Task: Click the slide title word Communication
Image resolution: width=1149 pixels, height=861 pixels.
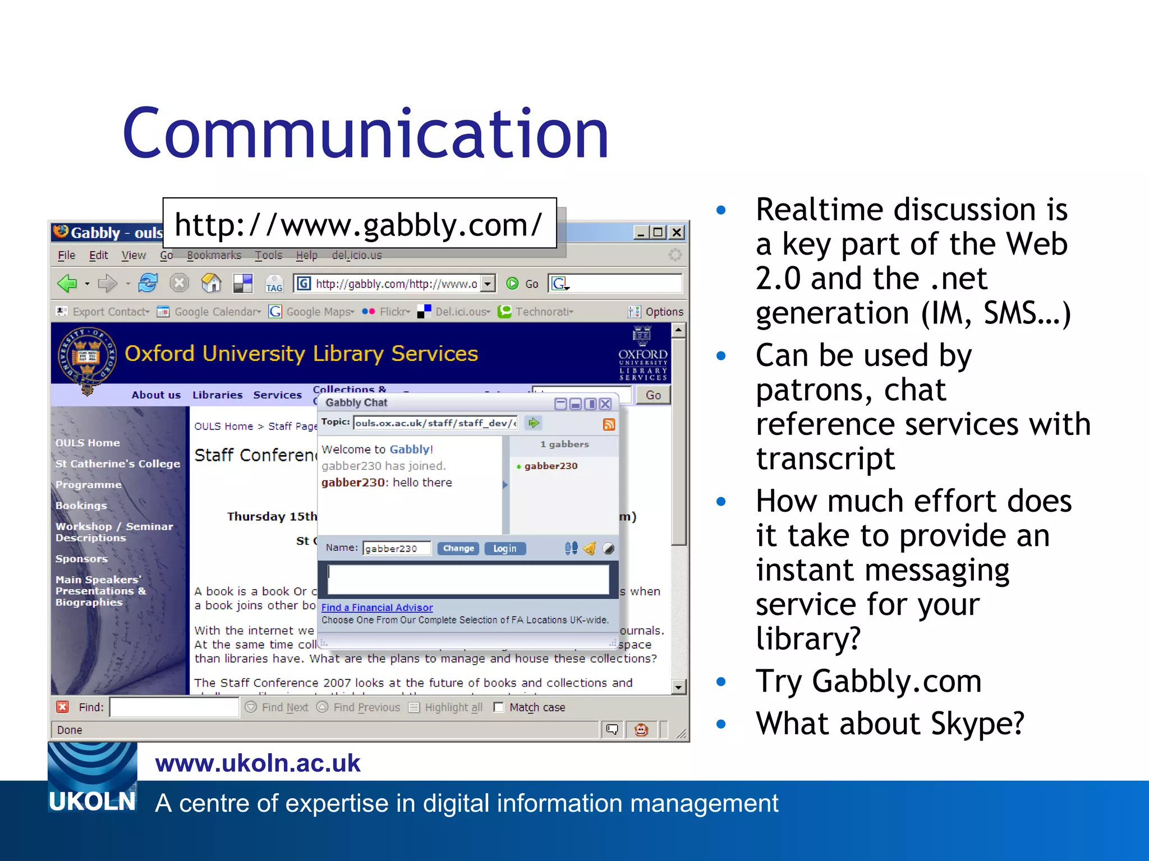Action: pyautogui.click(x=366, y=135)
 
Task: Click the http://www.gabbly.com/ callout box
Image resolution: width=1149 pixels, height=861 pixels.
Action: pyautogui.click(x=359, y=224)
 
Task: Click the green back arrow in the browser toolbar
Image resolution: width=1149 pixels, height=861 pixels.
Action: pyautogui.click(x=67, y=283)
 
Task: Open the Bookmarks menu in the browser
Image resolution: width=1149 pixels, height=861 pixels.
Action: pyautogui.click(x=214, y=255)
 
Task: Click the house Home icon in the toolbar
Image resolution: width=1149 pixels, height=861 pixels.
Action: pyautogui.click(x=211, y=283)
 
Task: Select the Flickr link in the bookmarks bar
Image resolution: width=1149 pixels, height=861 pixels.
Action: pyautogui.click(x=393, y=312)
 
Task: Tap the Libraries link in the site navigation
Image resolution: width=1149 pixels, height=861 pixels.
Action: pyautogui.click(x=217, y=395)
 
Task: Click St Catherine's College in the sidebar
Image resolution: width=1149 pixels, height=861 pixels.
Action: pyautogui.click(x=117, y=464)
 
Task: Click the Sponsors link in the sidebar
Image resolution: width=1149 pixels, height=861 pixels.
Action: pyautogui.click(x=81, y=558)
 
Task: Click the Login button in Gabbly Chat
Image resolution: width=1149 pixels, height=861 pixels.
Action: pyautogui.click(x=504, y=548)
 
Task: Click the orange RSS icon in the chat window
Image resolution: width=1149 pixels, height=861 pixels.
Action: pyautogui.click(x=609, y=424)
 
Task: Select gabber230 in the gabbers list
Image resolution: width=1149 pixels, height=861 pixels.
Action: pyautogui.click(x=550, y=466)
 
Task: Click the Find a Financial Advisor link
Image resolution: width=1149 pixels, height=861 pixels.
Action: pyautogui.click(x=376, y=608)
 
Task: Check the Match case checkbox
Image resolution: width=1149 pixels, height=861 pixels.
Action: pyautogui.click(x=498, y=707)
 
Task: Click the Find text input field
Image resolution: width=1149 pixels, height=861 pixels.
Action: pyautogui.click(x=174, y=707)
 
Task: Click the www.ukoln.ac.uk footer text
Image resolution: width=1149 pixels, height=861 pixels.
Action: pyautogui.click(x=258, y=763)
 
